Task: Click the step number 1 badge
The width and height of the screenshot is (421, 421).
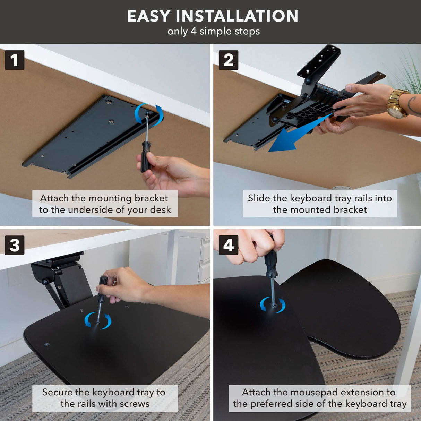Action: pos(15,60)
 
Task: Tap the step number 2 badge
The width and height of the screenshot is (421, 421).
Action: pos(228,60)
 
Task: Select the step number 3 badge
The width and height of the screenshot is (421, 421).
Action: pos(15,245)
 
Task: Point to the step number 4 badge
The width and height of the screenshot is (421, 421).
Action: pos(228,245)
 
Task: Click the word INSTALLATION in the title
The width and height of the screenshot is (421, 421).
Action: pos(237,16)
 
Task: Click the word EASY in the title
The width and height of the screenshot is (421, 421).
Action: pos(149,16)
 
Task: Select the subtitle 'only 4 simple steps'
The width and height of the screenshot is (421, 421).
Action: pos(214,31)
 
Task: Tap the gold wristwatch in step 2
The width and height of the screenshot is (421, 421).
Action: pos(396,104)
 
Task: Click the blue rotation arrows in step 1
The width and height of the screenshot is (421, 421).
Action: pos(149,114)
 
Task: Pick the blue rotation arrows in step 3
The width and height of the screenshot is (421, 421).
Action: pos(98,320)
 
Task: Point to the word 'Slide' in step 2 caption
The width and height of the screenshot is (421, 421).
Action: pos(259,198)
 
